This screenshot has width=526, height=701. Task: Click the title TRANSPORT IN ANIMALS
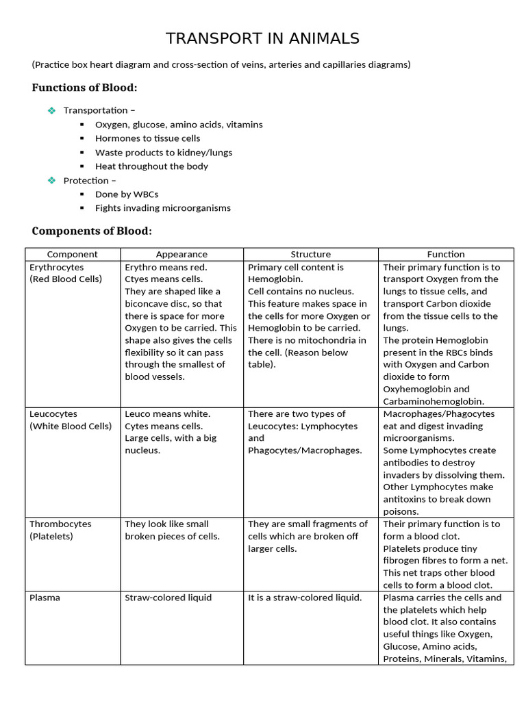263,38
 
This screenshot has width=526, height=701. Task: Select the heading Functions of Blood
84,88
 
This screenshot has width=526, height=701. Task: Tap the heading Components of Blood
92,231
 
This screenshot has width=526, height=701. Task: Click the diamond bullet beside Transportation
51,110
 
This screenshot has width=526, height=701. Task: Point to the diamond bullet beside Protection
51,180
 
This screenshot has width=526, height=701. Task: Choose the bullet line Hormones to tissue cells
147,138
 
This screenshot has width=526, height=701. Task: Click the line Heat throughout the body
151,166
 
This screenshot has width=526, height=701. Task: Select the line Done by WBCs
127,194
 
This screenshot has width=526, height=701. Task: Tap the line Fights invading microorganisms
162,208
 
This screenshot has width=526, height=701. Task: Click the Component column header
73,254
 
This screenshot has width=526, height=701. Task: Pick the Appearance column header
181,254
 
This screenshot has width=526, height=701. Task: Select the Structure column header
310,254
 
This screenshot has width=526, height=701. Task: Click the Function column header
446,254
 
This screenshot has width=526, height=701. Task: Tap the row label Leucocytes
53,414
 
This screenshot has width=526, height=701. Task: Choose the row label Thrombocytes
60,524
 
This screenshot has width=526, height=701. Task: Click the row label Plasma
45,598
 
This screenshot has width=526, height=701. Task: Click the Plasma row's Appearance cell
168,598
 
